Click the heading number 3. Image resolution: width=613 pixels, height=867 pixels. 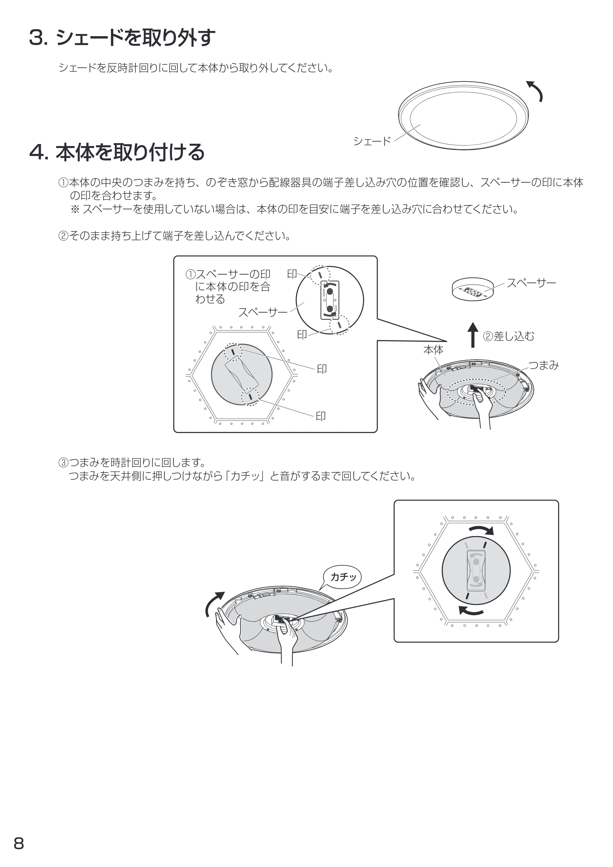37,38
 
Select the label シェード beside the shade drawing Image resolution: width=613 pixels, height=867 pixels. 372,141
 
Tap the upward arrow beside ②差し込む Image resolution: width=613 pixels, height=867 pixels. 473,335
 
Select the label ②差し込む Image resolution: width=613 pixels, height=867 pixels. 509,336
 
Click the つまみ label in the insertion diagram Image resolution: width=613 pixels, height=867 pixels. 543,365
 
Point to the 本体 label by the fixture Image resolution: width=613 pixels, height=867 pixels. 433,350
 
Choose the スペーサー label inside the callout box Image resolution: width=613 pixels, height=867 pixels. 263,312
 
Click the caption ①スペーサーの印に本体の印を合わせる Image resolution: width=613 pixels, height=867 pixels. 228,287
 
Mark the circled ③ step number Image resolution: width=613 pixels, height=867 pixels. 63,462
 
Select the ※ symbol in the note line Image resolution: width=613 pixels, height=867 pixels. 75,209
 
